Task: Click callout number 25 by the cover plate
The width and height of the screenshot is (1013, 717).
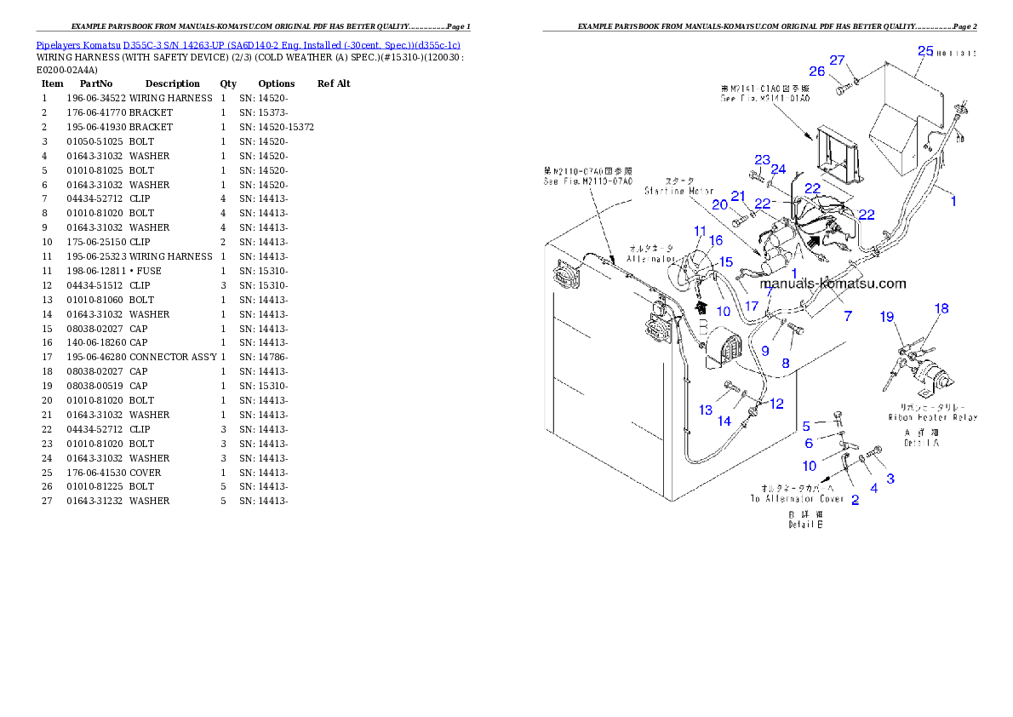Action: tap(925, 51)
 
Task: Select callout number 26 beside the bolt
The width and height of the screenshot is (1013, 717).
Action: tap(816, 71)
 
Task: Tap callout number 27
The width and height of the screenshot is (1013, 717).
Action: tap(838, 60)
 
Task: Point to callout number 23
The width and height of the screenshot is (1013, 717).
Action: tap(762, 159)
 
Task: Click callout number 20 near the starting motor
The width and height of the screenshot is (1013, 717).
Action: tap(719, 204)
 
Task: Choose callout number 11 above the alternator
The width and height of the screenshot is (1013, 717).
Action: tap(700, 231)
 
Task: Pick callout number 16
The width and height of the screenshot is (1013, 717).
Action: tap(716, 241)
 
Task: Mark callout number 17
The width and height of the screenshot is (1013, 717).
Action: tap(752, 306)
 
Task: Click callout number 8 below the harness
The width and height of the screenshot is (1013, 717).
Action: tap(785, 363)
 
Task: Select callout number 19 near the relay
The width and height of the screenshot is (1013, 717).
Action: tap(887, 317)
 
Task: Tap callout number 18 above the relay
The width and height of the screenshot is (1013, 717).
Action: tap(941, 308)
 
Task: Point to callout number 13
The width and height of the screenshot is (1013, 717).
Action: tap(706, 410)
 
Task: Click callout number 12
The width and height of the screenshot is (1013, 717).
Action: tap(776, 404)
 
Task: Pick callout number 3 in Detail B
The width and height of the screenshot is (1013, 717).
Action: tap(890, 479)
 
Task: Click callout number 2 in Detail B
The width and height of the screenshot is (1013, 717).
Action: tap(855, 500)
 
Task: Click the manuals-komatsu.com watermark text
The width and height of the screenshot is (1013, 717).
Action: tap(833, 284)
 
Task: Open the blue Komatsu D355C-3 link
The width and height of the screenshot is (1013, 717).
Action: tap(248, 45)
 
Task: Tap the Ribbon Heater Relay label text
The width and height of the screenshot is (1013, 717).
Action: tap(932, 417)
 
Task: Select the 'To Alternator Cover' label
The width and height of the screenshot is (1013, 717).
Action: tap(797, 499)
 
